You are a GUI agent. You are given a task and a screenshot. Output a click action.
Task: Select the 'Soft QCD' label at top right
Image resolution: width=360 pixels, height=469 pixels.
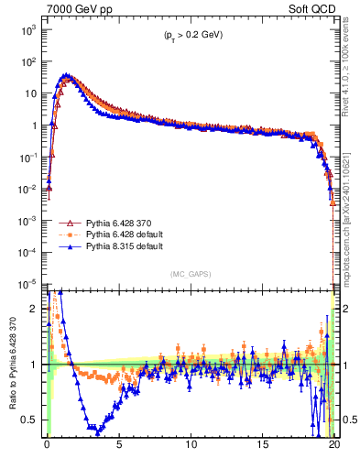pyautogui.click(x=310, y=8)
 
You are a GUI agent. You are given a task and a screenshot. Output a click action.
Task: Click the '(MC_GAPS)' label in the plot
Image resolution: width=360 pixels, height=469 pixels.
pyautogui.click(x=188, y=274)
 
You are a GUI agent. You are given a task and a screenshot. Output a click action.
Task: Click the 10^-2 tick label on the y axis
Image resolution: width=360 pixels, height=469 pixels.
pyautogui.click(x=27, y=189)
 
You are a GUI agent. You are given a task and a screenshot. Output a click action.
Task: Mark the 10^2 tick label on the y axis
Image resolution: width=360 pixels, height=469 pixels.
pyautogui.click(x=27, y=62)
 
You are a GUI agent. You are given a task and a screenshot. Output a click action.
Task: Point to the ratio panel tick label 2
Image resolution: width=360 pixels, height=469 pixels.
pyautogui.click(x=34, y=309)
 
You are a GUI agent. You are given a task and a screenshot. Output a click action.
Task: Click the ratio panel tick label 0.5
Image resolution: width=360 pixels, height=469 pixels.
pyautogui.click(x=30, y=420)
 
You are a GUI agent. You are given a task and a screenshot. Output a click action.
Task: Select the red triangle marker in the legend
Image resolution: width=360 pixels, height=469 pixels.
pyautogui.click(x=67, y=223)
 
